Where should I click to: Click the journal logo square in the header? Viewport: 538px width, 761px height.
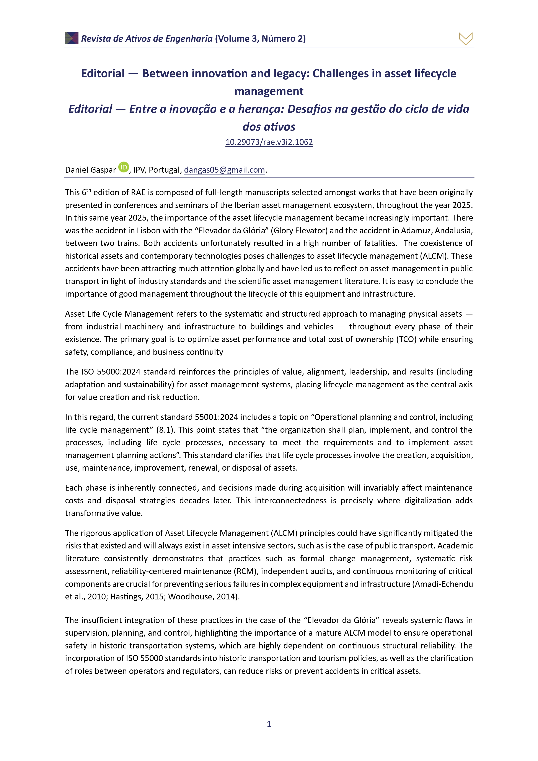coord(72,38)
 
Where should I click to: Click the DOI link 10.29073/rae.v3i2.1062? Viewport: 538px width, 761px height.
coord(269,142)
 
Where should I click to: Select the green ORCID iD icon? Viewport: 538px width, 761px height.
coord(124,167)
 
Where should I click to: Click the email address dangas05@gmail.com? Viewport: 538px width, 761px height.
coord(224,170)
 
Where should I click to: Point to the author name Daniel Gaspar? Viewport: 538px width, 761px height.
coord(90,170)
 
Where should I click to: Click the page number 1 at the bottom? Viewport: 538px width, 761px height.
coord(269,724)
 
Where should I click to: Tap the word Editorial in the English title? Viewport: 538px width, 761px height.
coord(103,74)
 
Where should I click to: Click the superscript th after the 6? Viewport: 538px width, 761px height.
coord(89,190)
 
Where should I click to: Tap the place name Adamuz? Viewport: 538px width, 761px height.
coord(416,231)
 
